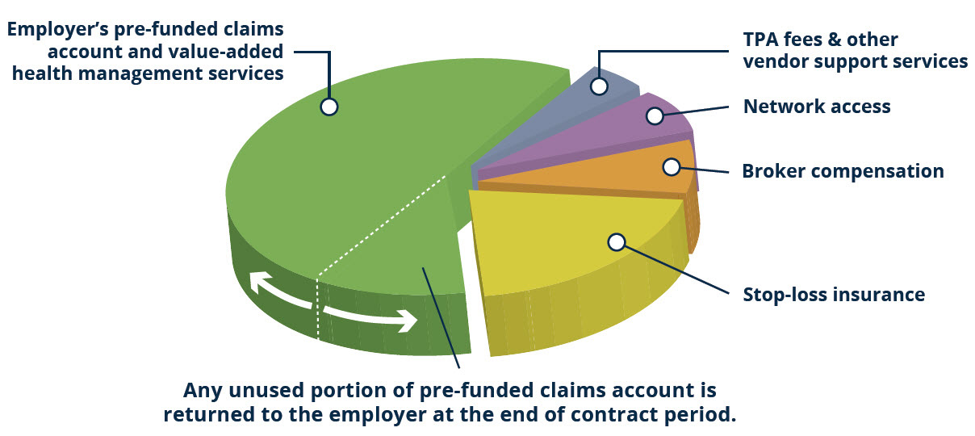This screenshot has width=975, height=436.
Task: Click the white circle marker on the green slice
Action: pos(329,107)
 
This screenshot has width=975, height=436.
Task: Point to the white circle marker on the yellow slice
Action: pos(617,242)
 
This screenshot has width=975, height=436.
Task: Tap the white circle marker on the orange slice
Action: pos(672,166)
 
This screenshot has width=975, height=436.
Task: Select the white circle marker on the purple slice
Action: pos(655,115)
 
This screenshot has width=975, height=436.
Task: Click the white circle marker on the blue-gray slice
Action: pos(600,86)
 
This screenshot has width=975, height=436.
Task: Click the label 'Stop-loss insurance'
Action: pos(834,295)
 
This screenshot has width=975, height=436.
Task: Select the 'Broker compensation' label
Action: pos(843,170)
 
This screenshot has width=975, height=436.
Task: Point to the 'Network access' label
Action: pos(817,107)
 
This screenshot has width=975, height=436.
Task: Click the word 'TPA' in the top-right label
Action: pos(761,40)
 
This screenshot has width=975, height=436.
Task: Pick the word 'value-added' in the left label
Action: pos(226,52)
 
